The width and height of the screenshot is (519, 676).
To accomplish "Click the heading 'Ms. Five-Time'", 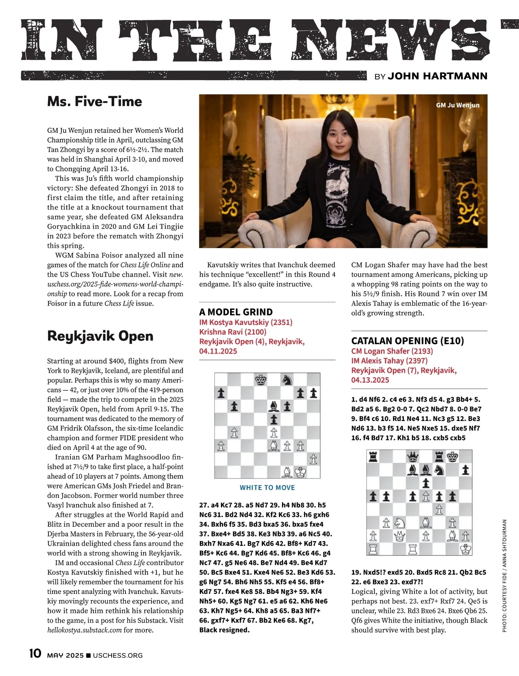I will [94, 102].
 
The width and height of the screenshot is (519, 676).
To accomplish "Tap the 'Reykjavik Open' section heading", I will [100, 336].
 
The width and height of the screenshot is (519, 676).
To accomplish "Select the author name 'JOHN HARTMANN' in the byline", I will [437, 76].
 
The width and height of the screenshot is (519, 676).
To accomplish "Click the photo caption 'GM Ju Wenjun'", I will [457, 105].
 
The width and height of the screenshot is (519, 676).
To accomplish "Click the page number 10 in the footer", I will [35, 654].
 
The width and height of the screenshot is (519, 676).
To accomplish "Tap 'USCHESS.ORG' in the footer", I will [118, 655].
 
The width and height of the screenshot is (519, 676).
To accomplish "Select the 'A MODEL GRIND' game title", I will [236, 312].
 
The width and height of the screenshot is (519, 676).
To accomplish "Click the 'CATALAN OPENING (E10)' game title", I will [407, 341].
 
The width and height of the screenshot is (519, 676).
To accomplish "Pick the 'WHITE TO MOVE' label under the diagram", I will [267, 488].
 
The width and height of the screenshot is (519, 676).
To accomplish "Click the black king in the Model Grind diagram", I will [261, 380].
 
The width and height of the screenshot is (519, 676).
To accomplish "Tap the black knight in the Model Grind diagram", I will [287, 380].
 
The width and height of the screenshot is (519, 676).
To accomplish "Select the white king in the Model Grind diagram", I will [300, 472].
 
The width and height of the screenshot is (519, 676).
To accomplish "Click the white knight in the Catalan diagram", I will [400, 523].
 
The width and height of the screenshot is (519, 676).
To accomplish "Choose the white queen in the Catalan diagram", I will [400, 536].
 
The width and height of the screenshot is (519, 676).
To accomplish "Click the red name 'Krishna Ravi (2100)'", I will [233, 332].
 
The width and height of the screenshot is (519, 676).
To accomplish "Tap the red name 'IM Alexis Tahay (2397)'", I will [389, 360].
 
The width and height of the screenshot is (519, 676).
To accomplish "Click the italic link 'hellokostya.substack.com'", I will [84, 630].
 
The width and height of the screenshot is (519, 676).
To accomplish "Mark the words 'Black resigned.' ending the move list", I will [224, 630].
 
